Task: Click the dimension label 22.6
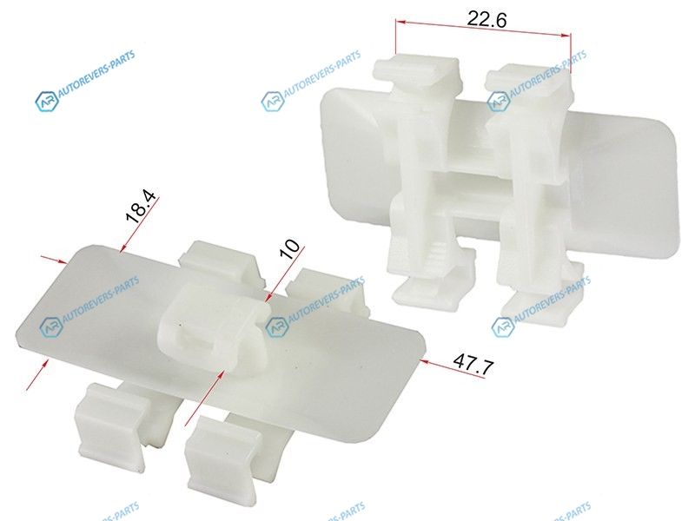point(486,19)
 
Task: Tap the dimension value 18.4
point(141,207)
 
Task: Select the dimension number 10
point(290,249)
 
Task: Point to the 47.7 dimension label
point(473,364)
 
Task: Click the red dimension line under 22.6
point(483,29)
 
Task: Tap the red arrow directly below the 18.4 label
point(139,223)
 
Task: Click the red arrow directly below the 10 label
point(286,274)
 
